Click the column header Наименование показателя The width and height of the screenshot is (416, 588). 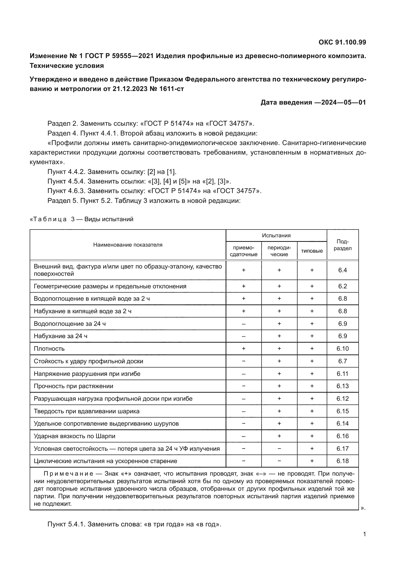coord(128,245)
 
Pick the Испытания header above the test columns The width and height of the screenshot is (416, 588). coord(276,235)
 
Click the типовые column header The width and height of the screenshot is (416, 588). coord(312,251)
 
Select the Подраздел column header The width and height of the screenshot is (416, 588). coord(343,245)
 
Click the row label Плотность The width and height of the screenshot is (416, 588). coord(49,348)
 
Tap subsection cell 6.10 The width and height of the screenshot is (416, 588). coord(343,348)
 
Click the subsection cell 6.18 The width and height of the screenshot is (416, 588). coord(343,461)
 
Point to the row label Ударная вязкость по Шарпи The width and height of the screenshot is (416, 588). coord(74,436)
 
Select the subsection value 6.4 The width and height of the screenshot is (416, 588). coord(343,270)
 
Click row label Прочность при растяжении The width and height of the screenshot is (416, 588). coord(73,386)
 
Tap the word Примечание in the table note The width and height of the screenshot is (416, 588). coord(68,474)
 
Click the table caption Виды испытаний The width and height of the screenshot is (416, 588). coord(109,219)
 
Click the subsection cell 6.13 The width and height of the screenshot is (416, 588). coord(343,386)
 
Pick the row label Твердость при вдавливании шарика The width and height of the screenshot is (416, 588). coord(87,411)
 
